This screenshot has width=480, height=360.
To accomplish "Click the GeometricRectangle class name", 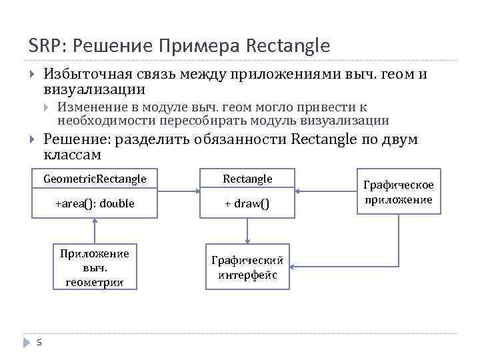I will click(95, 179).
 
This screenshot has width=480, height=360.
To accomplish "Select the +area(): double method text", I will click(95, 203).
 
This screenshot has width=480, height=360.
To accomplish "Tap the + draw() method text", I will click(247, 203).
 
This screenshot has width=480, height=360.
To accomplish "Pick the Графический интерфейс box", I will click(247, 268).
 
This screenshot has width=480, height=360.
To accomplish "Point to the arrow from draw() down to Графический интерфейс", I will click(247, 232).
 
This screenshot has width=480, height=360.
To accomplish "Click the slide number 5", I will click(39, 343).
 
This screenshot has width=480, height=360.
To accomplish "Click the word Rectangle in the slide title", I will click(288, 46).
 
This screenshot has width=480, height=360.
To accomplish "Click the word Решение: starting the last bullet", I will click(77, 139).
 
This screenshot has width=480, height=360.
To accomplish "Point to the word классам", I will click(72, 155).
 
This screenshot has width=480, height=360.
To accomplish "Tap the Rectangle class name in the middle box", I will click(247, 179).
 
